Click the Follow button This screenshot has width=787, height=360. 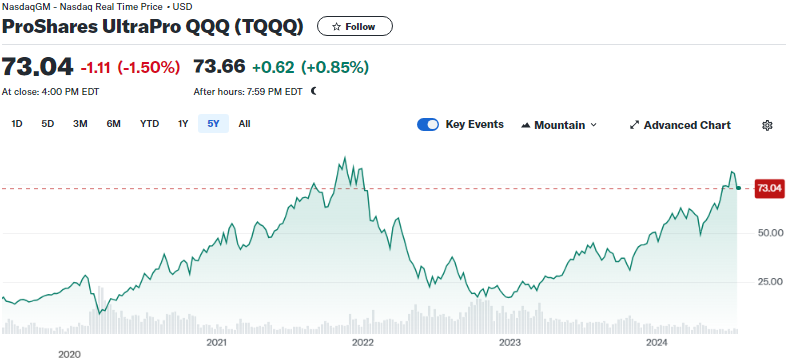click(x=354, y=27)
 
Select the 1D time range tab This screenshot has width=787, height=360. click(x=17, y=124)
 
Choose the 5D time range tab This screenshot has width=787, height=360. click(x=48, y=124)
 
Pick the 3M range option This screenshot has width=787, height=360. click(x=80, y=124)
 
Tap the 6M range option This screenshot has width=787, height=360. click(x=113, y=124)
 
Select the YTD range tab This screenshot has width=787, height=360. click(x=150, y=124)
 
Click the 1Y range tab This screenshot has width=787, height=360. click(x=183, y=124)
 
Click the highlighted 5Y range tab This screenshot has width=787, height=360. click(x=213, y=124)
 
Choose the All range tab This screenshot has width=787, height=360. click(x=244, y=124)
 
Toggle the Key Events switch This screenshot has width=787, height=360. click(x=428, y=125)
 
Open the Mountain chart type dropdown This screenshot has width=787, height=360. click(x=559, y=125)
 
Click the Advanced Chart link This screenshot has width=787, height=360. click(x=680, y=125)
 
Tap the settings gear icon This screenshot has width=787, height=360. click(x=766, y=126)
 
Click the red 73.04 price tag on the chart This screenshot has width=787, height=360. click(x=769, y=188)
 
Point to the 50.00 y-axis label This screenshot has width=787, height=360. click(x=769, y=233)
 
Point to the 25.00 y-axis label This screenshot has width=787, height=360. click(x=769, y=282)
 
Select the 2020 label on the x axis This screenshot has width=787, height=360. click(x=69, y=354)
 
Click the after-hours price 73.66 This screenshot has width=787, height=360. click(x=219, y=66)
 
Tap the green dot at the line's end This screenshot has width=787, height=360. click(x=738, y=188)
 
